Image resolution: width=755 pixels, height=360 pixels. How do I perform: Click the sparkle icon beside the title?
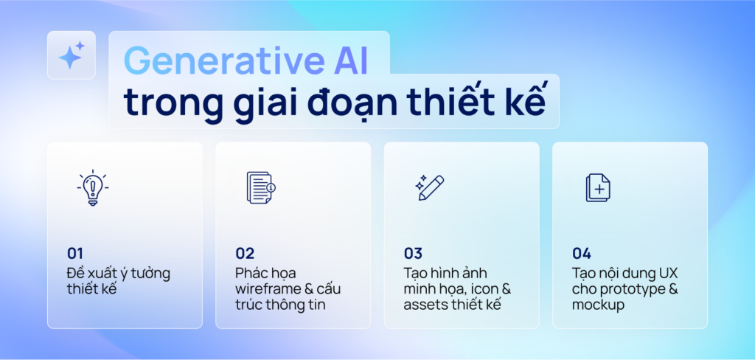(72, 55)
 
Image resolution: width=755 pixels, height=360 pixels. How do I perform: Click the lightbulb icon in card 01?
(92, 187)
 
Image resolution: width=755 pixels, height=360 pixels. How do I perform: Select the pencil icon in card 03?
(428, 187)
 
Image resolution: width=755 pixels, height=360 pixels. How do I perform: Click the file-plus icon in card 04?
(597, 187)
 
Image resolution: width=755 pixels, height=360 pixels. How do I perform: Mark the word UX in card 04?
(662, 273)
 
